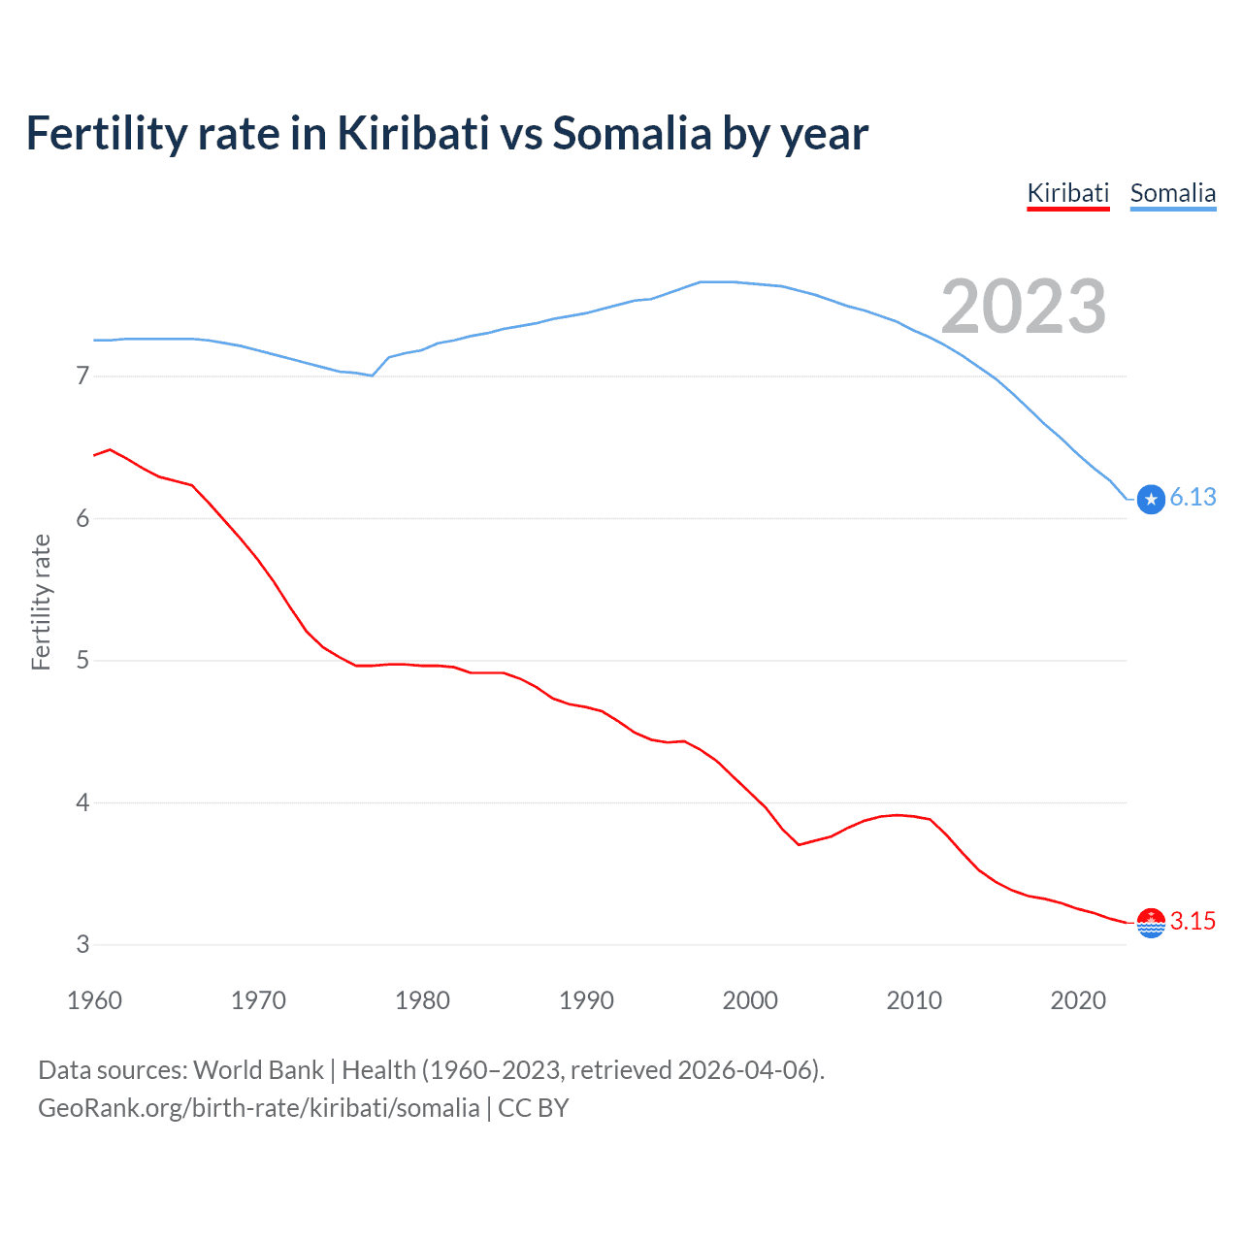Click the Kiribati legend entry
click(x=1067, y=193)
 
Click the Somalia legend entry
click(x=1172, y=193)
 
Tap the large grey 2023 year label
click(x=1023, y=307)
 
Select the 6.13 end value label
click(x=1193, y=498)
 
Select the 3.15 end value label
click(x=1193, y=921)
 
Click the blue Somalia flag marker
click(x=1151, y=500)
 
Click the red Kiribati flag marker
click(x=1151, y=923)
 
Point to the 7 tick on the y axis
click(x=82, y=376)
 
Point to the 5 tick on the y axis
click(x=82, y=661)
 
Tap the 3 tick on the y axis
click(x=82, y=945)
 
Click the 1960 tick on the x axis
click(x=94, y=1000)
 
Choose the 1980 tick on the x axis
click(x=422, y=1000)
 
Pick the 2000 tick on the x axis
click(x=750, y=1000)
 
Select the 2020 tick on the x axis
click(x=1078, y=1000)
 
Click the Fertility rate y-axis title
click(x=41, y=602)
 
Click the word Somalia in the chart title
click(x=632, y=133)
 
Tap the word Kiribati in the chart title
click(x=412, y=133)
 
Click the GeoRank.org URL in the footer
click(x=258, y=1108)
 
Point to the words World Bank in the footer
click(x=258, y=1070)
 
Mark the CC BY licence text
click(x=533, y=1108)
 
